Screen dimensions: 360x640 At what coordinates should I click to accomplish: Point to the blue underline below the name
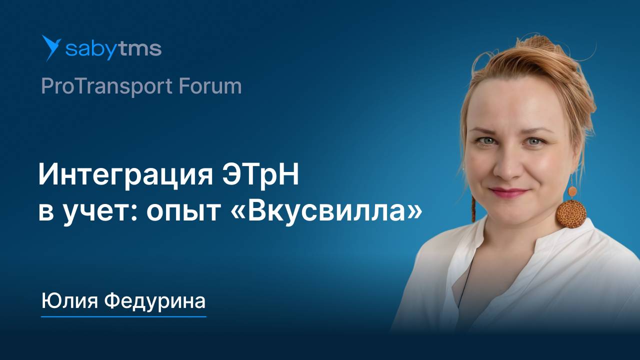pyautogui.click(x=123, y=316)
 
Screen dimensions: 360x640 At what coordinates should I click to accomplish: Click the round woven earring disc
pyautogui.click(x=571, y=213)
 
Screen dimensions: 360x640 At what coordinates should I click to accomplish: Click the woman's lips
pyautogui.click(x=508, y=192)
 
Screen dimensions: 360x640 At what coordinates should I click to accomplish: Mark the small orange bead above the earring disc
pyautogui.click(x=572, y=191)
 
